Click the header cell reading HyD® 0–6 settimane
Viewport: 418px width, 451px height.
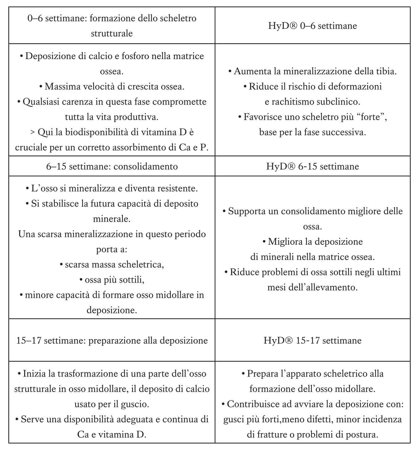click(x=312, y=26)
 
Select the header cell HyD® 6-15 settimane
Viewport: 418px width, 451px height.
click(x=312, y=166)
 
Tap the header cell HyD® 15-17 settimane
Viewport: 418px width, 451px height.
click(x=312, y=341)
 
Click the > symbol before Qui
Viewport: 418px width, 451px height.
click(x=32, y=132)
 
